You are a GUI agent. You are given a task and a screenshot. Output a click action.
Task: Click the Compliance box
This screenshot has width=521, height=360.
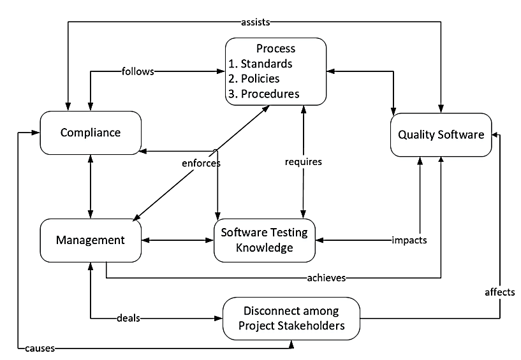(x=90, y=133)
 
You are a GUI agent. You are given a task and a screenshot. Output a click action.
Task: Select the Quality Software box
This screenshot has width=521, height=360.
(x=441, y=134)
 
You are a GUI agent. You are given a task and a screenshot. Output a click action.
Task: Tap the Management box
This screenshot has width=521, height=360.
(x=90, y=240)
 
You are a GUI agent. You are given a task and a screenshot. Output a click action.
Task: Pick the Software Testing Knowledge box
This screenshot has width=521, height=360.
(x=264, y=240)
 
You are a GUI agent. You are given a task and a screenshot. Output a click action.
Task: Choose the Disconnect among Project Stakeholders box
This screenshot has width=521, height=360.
(x=291, y=319)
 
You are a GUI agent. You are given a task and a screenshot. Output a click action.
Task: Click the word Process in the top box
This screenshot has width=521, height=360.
(x=275, y=49)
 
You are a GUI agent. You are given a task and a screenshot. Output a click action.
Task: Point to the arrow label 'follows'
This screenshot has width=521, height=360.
(x=138, y=71)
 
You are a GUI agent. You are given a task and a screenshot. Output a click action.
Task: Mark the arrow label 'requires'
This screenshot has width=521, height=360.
(x=303, y=162)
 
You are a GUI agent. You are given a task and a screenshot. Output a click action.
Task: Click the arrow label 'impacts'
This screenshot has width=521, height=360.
(x=409, y=240)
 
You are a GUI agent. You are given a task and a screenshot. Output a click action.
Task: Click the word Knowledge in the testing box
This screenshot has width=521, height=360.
(x=264, y=248)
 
